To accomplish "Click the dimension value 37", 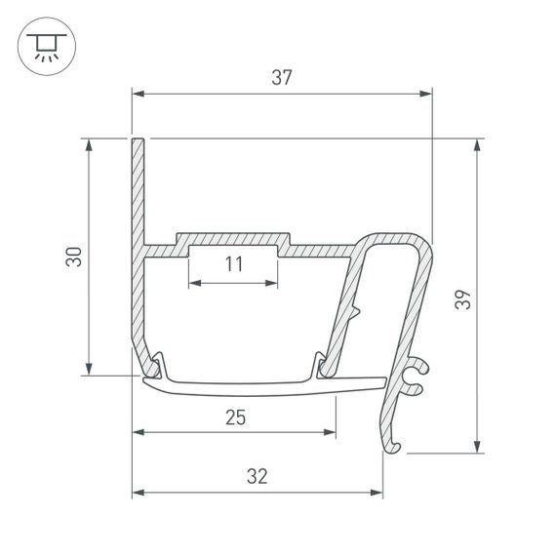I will tap(282, 78).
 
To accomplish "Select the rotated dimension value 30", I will tap(73, 258).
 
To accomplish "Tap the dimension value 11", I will tap(233, 264).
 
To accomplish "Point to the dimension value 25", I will tap(234, 417).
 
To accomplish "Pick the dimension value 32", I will tap(257, 477).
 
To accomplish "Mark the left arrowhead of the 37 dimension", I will tap(139, 95).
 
